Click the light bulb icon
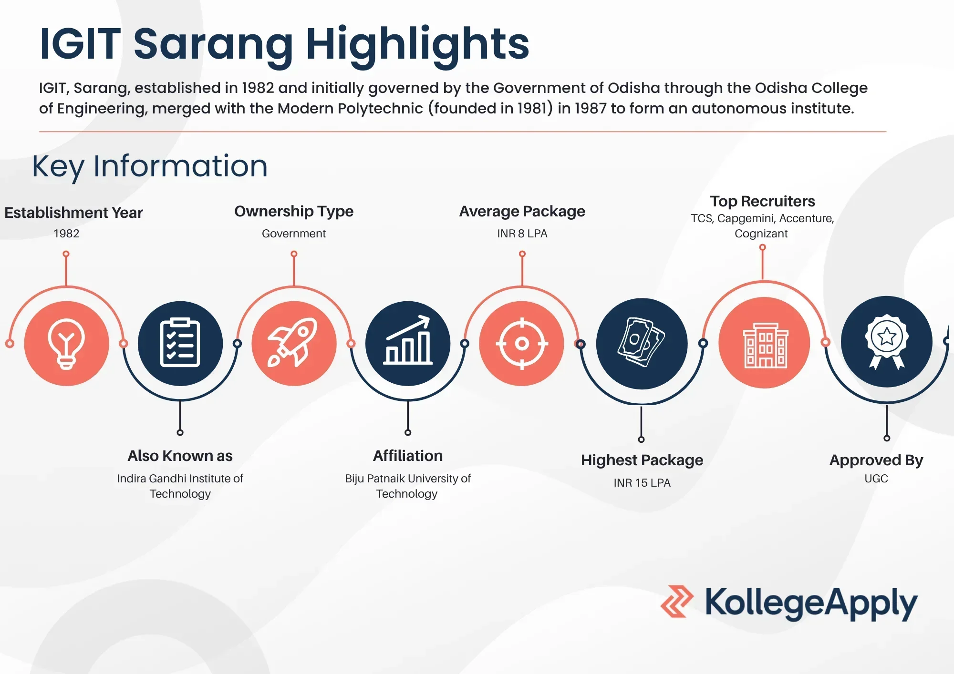pos(66,343)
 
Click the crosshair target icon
pos(522,343)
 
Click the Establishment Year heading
pos(73,213)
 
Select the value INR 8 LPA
pos(522,234)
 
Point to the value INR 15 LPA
pos(642,483)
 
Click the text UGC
pos(876,479)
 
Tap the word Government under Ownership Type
pos(294,234)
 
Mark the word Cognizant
pos(761,234)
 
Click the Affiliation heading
pos(408,456)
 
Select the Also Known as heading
pos(180,456)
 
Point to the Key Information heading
pos(150,166)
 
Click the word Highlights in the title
pos(417,44)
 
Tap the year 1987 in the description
pos(590,109)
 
